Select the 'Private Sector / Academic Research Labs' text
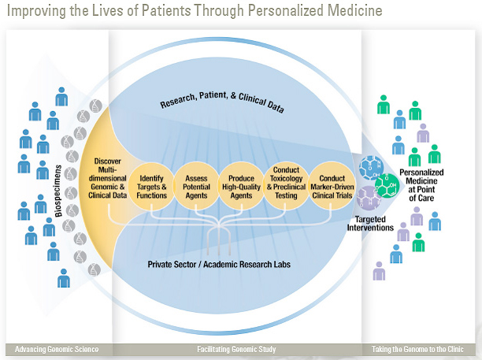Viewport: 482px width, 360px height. point(218,265)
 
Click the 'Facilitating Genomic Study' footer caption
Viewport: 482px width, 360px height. point(236,349)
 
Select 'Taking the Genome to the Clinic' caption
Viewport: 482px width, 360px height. point(417,349)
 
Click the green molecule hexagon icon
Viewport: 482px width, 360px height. point(386,186)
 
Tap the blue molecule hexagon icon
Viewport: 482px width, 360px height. point(370,169)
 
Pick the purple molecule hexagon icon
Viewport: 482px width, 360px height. point(367,197)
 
